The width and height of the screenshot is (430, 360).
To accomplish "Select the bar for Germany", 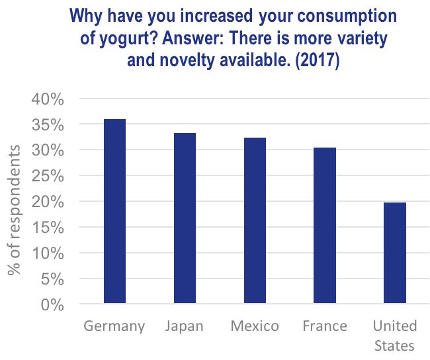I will [x=114, y=212].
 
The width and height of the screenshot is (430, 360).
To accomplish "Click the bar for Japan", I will [x=185, y=219].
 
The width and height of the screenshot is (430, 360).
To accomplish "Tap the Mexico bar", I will [x=255, y=221].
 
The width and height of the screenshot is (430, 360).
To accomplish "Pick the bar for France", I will [x=325, y=226].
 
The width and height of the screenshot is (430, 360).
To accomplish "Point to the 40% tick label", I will [x=47, y=99].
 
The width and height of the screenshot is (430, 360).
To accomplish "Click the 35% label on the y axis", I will [x=47, y=125].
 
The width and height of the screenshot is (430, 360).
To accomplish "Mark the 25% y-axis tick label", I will [x=47, y=176].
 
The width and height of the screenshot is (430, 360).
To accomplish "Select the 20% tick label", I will [x=47, y=202].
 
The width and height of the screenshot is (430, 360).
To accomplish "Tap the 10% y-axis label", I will [x=47, y=253].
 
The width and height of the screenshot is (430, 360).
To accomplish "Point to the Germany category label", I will [x=114, y=326].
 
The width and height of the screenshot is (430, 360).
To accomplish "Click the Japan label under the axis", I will [x=185, y=326].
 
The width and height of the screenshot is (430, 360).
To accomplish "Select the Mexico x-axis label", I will [x=255, y=326].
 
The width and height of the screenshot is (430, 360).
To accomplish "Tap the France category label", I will [x=325, y=326].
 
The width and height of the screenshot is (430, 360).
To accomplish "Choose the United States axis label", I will [x=395, y=336].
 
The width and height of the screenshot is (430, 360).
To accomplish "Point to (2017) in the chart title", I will [x=316, y=62].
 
